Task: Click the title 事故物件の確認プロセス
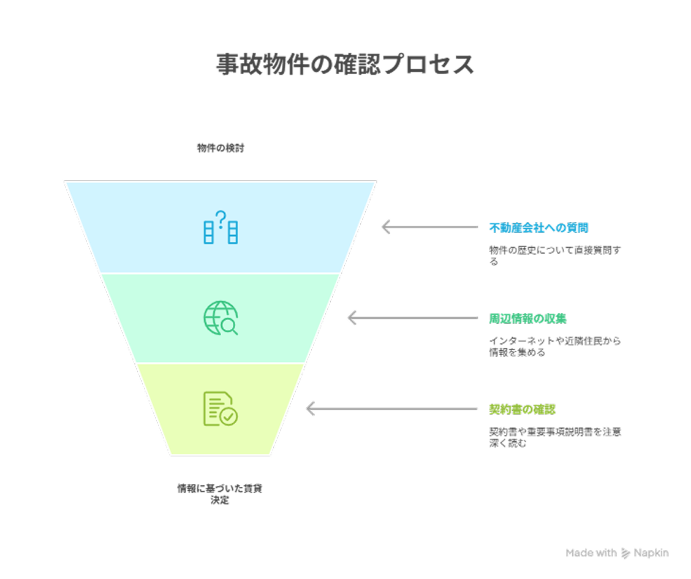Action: coord(345,64)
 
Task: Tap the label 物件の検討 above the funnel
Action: coord(221,148)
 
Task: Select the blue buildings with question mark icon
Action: coord(221,228)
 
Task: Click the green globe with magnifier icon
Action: coord(221,318)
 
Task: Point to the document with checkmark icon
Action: coord(221,408)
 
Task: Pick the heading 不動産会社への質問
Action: coord(538,228)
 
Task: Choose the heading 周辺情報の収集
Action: coord(527,318)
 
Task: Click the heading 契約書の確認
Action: coord(522,409)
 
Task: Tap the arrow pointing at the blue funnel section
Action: coord(429,228)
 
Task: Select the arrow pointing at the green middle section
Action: coord(413,318)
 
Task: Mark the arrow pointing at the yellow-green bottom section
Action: coord(392,408)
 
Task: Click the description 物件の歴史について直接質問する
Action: coord(555,256)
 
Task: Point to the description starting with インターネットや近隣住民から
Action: coord(555,347)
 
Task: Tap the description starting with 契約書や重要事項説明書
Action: coord(555,437)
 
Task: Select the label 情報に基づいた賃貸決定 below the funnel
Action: coord(219,494)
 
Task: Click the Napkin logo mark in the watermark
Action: coord(626,553)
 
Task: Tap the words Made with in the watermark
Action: coord(591,553)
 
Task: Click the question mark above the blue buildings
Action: coord(221,220)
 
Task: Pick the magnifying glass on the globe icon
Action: coord(230,326)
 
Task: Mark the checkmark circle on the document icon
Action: coord(228,416)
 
